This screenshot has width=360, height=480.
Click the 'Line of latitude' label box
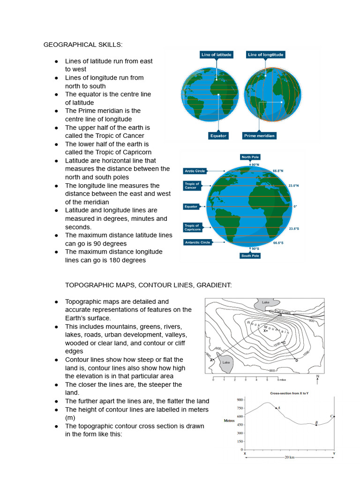coord(216,55)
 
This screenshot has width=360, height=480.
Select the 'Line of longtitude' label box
coord(265,55)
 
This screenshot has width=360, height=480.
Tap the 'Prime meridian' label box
coord(259,135)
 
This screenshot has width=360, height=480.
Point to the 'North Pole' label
coord(250,157)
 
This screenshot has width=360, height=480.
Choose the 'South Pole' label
coord(250,256)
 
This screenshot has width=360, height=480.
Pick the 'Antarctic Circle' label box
coord(197,242)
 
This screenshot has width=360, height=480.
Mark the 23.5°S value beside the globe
coord(294,228)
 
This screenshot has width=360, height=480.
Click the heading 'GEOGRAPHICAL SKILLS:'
coord(83,45)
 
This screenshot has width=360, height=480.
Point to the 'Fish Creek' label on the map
coord(283,311)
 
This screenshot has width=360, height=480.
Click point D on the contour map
coord(296,360)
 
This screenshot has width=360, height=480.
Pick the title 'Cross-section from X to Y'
coord(289,393)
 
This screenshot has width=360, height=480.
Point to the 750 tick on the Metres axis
coord(240,408)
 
